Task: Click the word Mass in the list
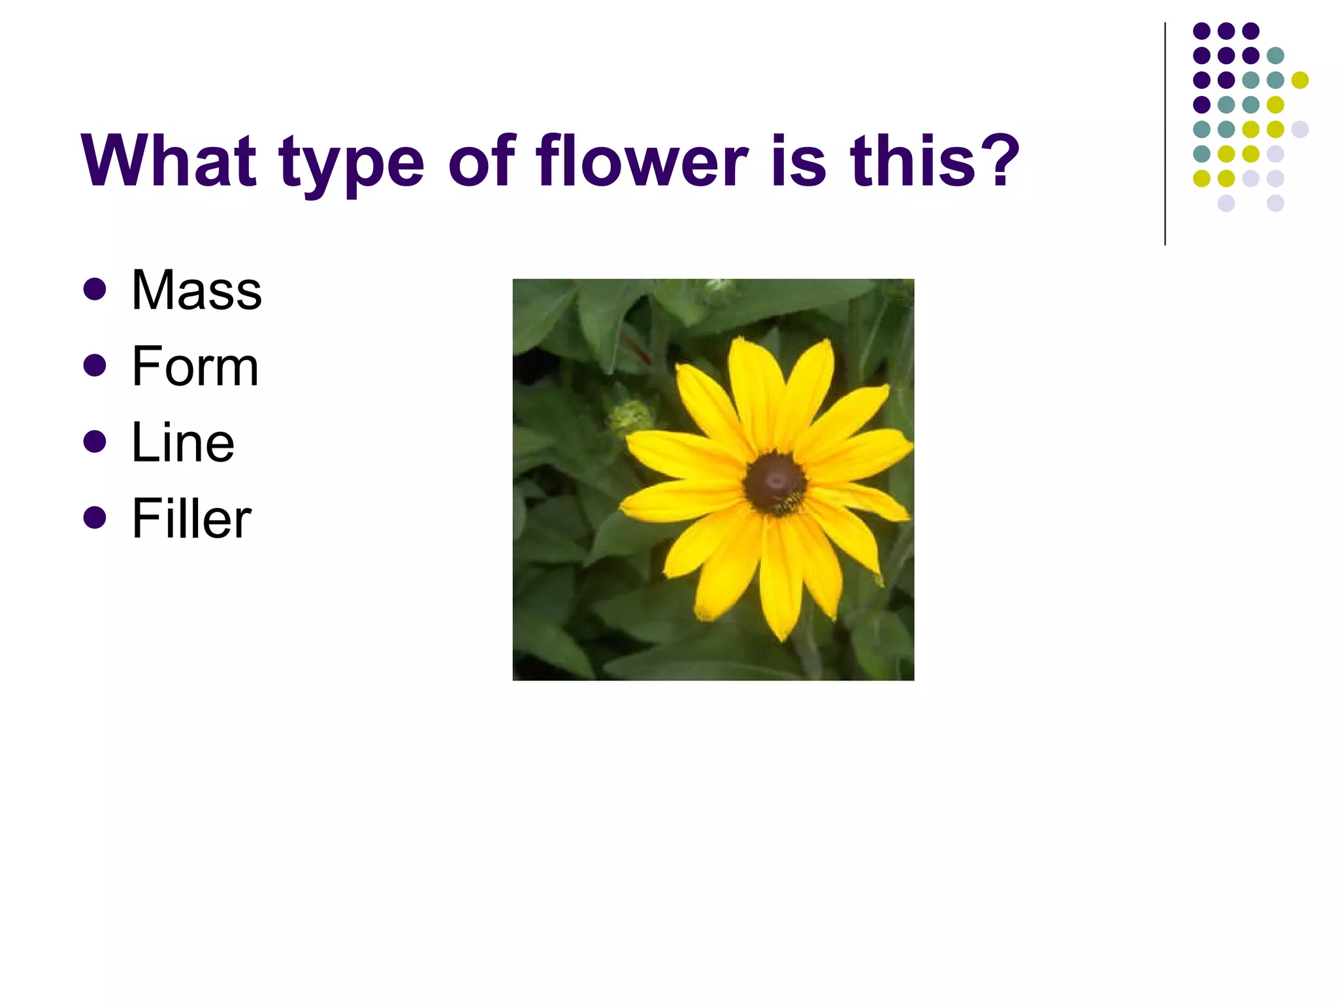196,290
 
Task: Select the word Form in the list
195,367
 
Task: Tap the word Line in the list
183,443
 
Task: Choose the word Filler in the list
191,518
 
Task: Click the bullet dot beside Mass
95,290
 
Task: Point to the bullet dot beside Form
95,366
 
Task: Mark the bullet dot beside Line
95,442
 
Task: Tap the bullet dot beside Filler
95,518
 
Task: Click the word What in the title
169,160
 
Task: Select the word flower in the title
642,160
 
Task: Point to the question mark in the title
997,160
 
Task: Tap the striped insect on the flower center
791,503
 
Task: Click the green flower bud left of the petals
630,417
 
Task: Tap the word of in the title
482,160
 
